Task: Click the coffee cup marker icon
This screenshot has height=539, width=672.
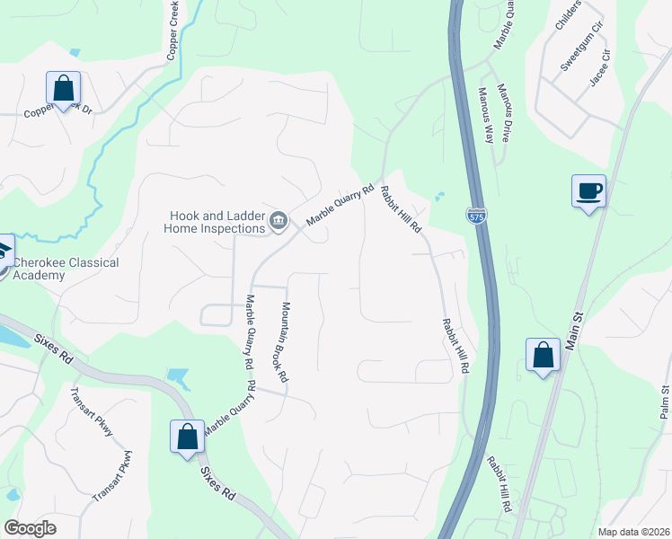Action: pos(588,190)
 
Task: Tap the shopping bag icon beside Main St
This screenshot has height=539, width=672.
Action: pos(544,355)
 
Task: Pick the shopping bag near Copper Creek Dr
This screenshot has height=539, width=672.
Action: pos(63,88)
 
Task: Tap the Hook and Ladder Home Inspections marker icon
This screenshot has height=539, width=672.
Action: pos(279,221)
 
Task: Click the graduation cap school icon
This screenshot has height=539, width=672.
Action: pos(4,254)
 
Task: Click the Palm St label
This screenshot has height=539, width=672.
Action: pos(665,402)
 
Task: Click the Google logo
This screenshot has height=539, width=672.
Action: pos(30,528)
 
